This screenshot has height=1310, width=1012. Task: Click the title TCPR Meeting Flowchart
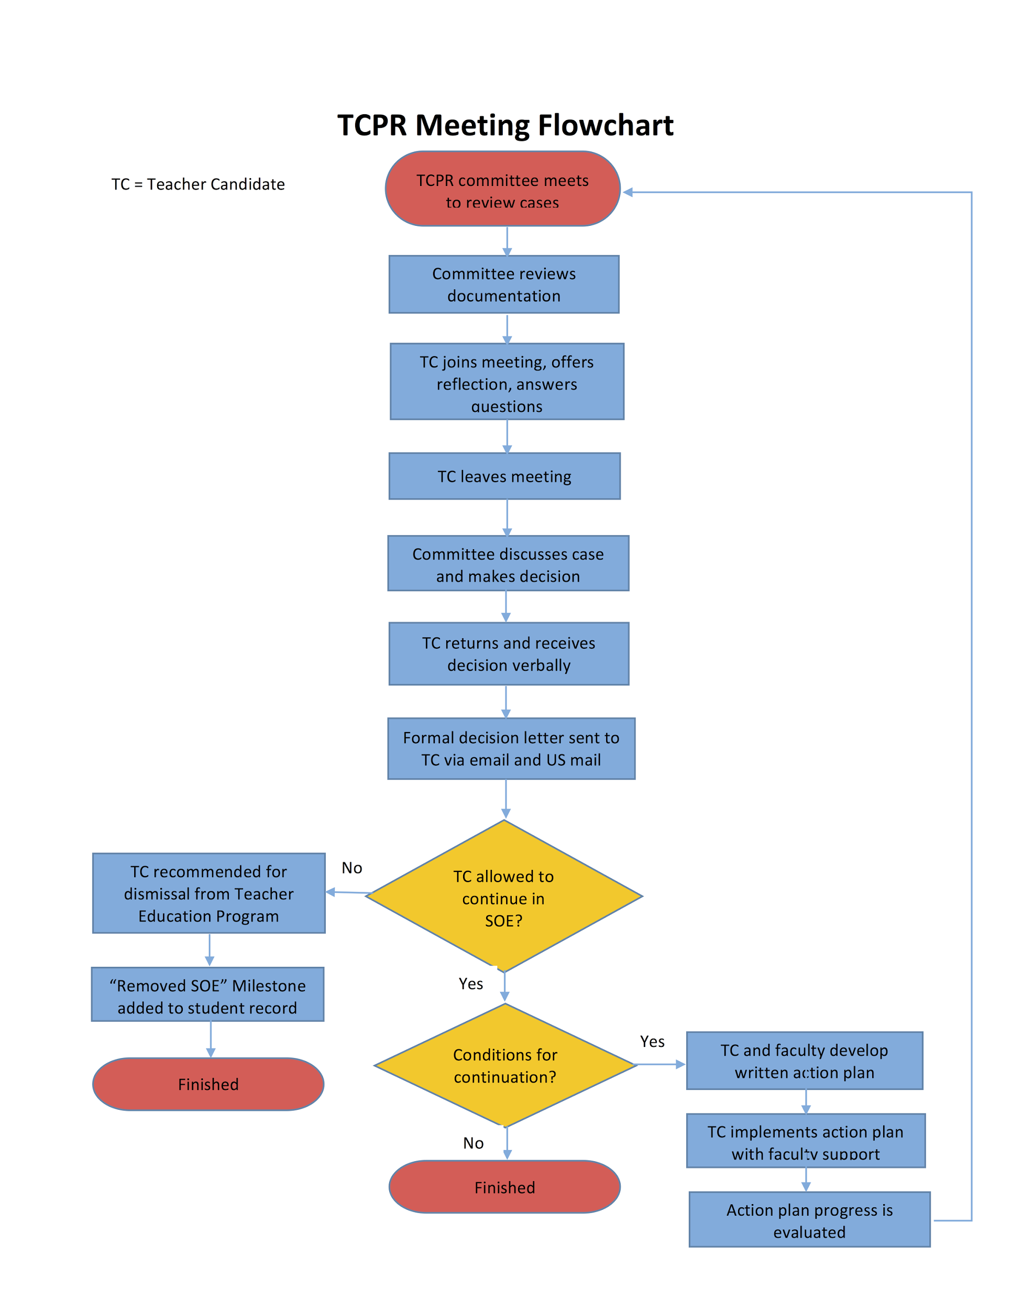tap(505, 125)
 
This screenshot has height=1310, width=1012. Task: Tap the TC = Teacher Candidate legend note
tap(198, 184)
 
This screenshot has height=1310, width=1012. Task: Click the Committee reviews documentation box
tap(503, 285)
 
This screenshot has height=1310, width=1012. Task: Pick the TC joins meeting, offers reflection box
tap(507, 381)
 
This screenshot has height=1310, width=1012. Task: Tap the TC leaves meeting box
tap(504, 476)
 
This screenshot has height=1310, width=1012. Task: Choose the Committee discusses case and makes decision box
tap(508, 564)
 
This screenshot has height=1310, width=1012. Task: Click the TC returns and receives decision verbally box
tap(509, 654)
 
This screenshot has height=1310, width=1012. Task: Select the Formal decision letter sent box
tap(511, 749)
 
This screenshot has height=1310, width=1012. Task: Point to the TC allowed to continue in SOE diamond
tap(503, 897)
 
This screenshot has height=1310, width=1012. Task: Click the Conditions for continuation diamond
tap(505, 1066)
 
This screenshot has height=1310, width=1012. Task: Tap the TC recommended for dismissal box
tap(208, 893)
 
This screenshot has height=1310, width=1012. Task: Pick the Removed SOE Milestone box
tap(207, 996)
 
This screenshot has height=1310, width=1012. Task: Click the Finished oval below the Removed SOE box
tap(208, 1085)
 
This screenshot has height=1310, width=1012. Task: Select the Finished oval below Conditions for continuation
tap(504, 1187)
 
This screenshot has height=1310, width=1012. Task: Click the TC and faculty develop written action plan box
tap(804, 1061)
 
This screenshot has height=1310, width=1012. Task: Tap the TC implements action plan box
tap(805, 1141)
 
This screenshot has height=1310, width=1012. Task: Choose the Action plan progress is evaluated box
tap(809, 1220)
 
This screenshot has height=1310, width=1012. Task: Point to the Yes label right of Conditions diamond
tap(652, 1042)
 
